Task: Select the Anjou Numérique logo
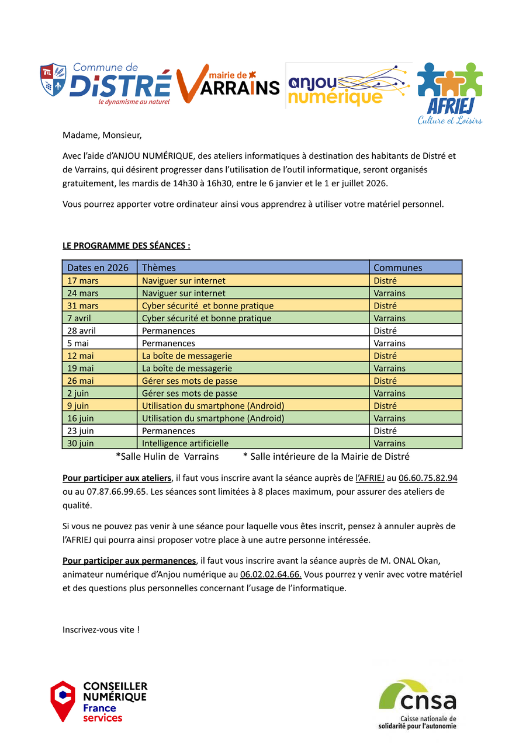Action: (348, 86)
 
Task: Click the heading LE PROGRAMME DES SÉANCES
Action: (126, 246)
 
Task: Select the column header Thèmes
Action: (159, 268)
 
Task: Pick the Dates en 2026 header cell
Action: (98, 268)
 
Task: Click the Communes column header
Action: (397, 268)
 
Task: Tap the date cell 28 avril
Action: (82, 331)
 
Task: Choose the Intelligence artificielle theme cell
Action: (185, 443)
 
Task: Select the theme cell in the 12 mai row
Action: (187, 356)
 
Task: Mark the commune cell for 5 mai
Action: (389, 343)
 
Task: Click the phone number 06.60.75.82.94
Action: (428, 478)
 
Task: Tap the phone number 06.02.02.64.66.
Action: (271, 575)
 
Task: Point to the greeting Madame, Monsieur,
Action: (102, 136)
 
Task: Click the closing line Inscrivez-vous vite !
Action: (101, 630)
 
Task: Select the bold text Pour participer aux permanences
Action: (129, 561)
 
